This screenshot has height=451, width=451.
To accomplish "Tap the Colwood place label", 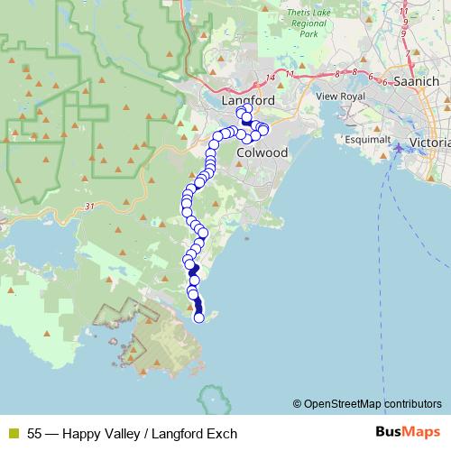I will [x=262, y=152].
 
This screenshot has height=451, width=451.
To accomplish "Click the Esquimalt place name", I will [x=368, y=140].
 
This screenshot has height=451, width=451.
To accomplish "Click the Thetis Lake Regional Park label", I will [x=302, y=24].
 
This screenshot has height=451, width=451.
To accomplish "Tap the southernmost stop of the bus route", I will [x=199, y=317].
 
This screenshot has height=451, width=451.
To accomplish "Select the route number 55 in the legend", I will [x=35, y=434].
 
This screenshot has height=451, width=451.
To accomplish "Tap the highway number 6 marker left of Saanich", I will [x=373, y=80].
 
